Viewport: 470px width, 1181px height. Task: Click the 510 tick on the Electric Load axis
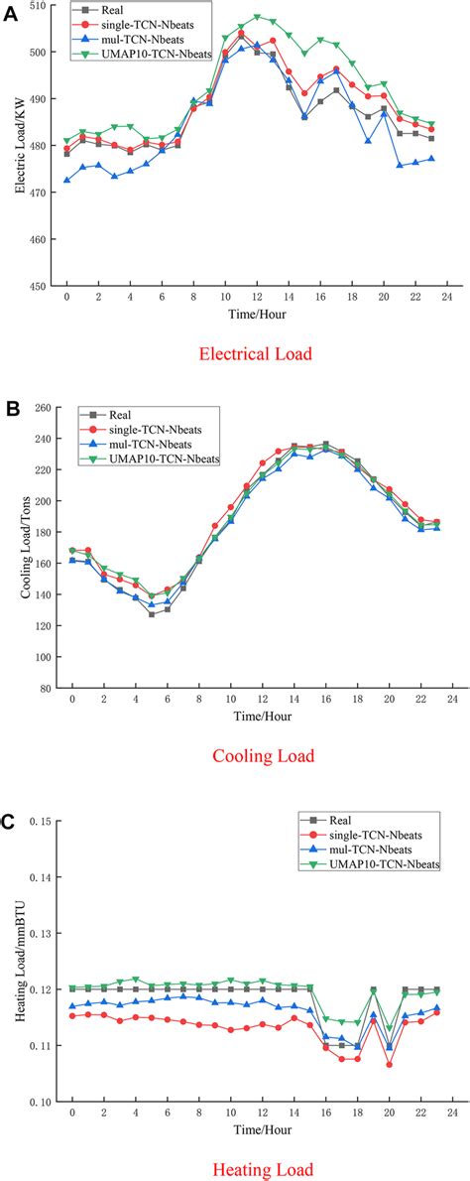point(40,6)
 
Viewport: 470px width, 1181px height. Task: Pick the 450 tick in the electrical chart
point(40,286)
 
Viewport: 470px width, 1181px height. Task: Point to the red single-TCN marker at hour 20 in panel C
point(390,1064)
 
